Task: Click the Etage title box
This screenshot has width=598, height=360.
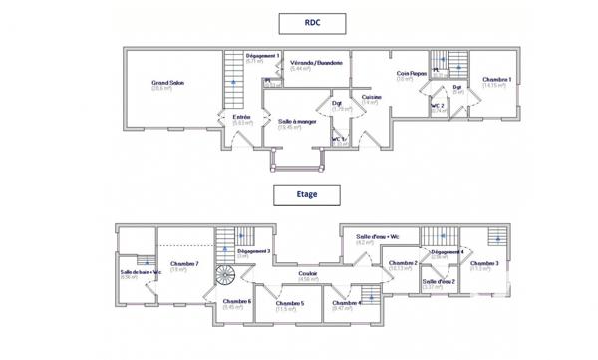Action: click(307, 194)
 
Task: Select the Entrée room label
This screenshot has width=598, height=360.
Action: click(242, 118)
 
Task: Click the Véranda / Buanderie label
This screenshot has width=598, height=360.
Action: click(316, 63)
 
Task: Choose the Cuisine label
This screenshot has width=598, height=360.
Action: click(372, 98)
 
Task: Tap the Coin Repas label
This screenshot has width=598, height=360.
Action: click(411, 74)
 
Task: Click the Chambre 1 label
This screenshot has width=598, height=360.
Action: click(496, 81)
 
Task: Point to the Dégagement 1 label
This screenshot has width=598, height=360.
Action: click(262, 56)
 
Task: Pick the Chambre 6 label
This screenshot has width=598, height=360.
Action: click(236, 301)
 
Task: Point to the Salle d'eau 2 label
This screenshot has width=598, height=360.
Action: click(439, 282)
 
